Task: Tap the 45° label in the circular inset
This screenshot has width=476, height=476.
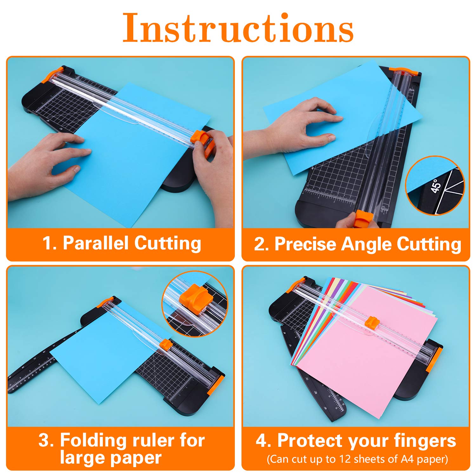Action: click(436, 186)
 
